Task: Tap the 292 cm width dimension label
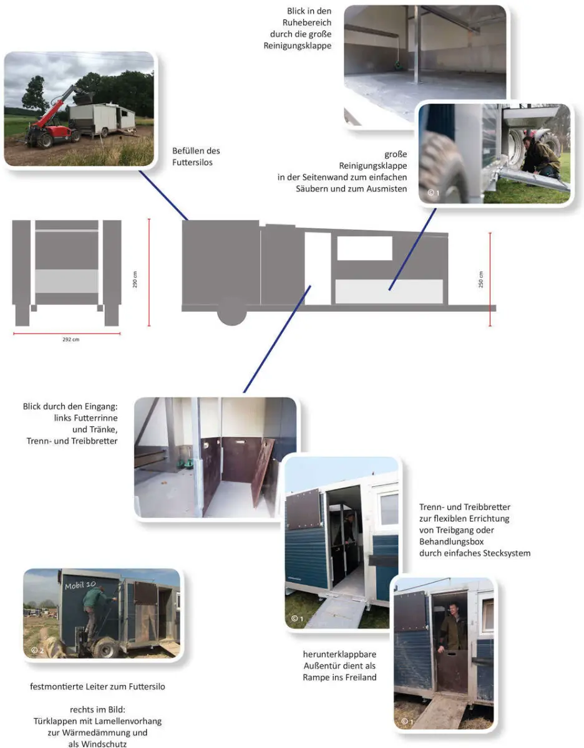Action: [x=71, y=340]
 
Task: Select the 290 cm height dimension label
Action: [x=135, y=279]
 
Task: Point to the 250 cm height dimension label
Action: [x=481, y=279]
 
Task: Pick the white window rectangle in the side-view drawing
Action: [x=364, y=248]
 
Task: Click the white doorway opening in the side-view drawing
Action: [x=318, y=269]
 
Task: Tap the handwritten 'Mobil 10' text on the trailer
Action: [x=80, y=585]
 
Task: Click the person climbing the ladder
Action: [x=96, y=613]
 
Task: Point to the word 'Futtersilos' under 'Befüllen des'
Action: [x=192, y=163]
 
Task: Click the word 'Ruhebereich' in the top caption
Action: [x=306, y=22]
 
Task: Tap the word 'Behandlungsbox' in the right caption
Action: [x=451, y=542]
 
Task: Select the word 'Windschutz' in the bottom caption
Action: [x=97, y=744]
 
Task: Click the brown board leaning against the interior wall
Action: [x=263, y=472]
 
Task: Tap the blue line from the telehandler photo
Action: [x=163, y=195]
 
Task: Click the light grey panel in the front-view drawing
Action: [x=67, y=281]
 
